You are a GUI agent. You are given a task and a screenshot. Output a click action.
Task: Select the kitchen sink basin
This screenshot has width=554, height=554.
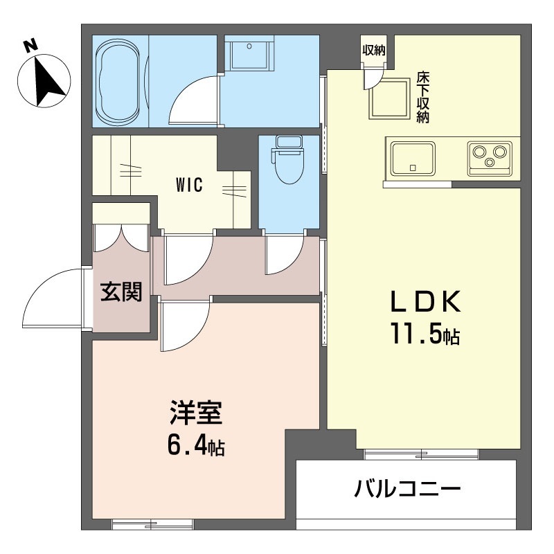412,159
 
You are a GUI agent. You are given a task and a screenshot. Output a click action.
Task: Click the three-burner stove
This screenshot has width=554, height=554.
490,159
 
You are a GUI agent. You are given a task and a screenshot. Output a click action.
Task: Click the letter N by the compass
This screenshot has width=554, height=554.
30,46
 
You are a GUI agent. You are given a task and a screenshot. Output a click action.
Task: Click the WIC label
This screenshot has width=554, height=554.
190,184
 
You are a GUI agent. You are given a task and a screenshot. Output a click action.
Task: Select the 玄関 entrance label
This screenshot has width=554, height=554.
120,292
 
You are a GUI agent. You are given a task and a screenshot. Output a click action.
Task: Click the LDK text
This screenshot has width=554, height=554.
426,301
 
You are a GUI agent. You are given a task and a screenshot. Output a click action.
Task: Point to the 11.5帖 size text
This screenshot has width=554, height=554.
425,334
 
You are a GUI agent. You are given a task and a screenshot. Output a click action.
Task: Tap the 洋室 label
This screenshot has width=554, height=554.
196,412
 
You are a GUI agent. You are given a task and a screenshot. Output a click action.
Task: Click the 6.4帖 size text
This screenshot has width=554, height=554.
196,446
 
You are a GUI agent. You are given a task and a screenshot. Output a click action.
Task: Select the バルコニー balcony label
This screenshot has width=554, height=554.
408,489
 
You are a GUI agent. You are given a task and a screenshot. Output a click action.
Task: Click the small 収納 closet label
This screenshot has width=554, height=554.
374,51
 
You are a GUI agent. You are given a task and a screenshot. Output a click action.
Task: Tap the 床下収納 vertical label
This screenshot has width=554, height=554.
423,98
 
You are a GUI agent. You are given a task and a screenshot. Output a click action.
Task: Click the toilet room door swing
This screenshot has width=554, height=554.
285,255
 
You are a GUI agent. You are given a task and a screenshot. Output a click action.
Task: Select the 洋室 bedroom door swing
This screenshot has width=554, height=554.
185,326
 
